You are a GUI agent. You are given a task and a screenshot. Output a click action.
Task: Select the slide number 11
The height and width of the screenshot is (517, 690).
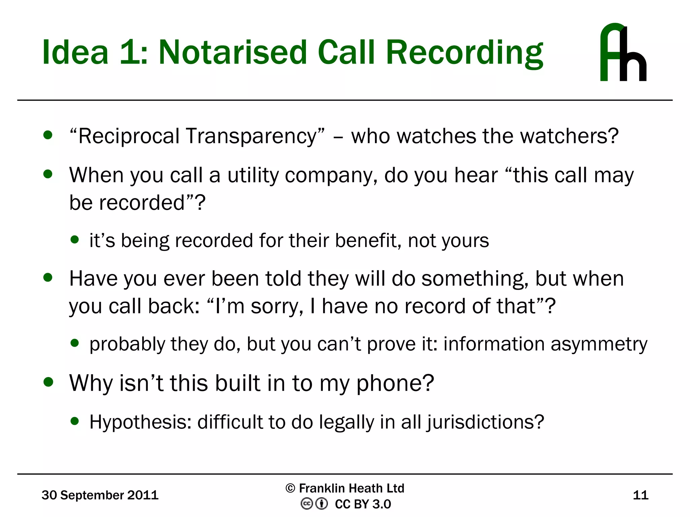point(640,495)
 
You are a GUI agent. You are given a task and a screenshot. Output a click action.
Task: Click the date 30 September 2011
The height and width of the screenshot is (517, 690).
point(100,495)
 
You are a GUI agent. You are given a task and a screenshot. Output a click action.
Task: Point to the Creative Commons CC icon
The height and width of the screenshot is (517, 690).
point(307,504)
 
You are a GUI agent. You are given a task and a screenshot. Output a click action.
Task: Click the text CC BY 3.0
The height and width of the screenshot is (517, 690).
point(363,504)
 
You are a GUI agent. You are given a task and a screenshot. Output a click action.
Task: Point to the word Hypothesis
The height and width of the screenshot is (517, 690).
point(140,422)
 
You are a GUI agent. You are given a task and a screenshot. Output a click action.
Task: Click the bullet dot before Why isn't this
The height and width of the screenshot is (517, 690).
point(48,382)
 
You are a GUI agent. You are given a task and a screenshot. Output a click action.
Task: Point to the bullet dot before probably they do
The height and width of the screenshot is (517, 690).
point(74,343)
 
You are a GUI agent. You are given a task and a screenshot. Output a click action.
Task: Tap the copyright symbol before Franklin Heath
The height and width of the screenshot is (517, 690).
point(290,488)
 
